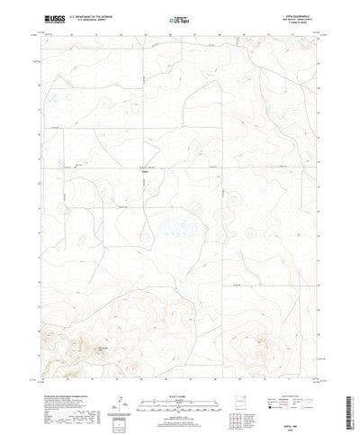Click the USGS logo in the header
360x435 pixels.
[44, 16]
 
